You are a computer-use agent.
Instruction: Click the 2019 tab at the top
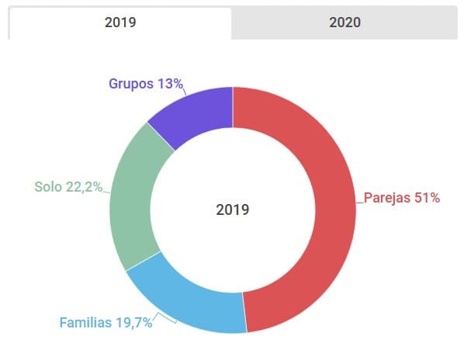(x=120, y=22)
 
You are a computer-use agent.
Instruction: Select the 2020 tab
(x=345, y=22)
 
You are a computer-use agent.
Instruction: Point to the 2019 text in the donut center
(x=233, y=209)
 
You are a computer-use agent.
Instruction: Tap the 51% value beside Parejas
(x=427, y=198)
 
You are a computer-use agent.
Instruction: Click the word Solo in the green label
(x=48, y=187)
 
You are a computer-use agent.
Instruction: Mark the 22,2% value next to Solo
(x=84, y=187)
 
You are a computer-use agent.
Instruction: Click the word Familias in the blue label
(x=85, y=323)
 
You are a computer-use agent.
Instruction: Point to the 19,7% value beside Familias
(x=133, y=323)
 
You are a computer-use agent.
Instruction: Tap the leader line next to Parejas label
(x=360, y=200)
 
